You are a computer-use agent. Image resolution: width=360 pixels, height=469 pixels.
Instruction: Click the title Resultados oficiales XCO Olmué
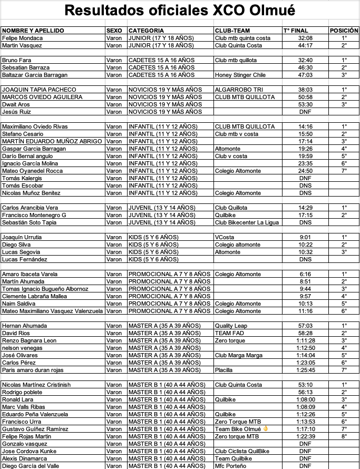pyautogui.click(x=180, y=11)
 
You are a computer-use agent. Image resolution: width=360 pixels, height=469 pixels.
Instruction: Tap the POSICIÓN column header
pyautogui.click(x=344, y=31)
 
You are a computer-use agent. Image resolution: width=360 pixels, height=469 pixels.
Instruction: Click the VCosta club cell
pyautogui.click(x=225, y=237)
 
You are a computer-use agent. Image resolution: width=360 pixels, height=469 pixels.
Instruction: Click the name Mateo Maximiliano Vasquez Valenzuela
pyautogui.click(x=53, y=311)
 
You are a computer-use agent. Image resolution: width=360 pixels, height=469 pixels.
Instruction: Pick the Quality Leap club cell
pyautogui.click(x=231, y=326)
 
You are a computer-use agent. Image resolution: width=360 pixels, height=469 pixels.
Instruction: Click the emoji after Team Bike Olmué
pyautogui.click(x=266, y=429)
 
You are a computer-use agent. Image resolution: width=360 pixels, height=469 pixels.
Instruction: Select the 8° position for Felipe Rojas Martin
pyautogui.click(x=344, y=436)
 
